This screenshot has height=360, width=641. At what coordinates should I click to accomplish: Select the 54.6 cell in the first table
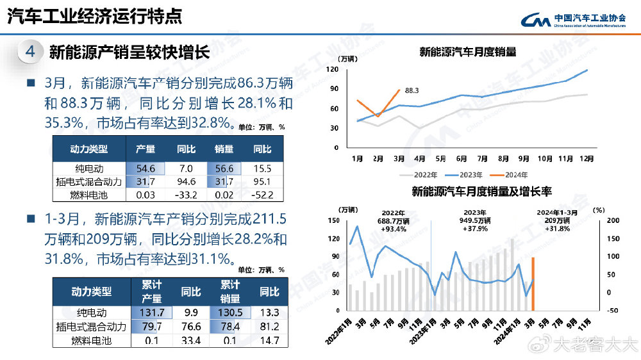tap(146, 168)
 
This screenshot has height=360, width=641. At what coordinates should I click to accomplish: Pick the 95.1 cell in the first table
tap(262, 182)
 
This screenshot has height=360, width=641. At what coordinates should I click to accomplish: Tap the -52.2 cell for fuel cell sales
tap(262, 195)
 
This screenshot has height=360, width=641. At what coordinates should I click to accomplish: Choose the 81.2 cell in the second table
tap(269, 327)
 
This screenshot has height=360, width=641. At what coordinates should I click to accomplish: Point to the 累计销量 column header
tap(230, 291)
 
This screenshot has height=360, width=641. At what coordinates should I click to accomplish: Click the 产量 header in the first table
tap(146, 149)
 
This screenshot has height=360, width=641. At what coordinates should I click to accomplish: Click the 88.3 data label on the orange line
tap(412, 91)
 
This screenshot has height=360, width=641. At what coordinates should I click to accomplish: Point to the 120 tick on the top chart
tap(332, 69)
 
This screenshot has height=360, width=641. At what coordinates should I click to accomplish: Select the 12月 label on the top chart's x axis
tap(586, 158)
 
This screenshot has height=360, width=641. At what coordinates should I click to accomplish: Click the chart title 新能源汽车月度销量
tap(468, 52)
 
